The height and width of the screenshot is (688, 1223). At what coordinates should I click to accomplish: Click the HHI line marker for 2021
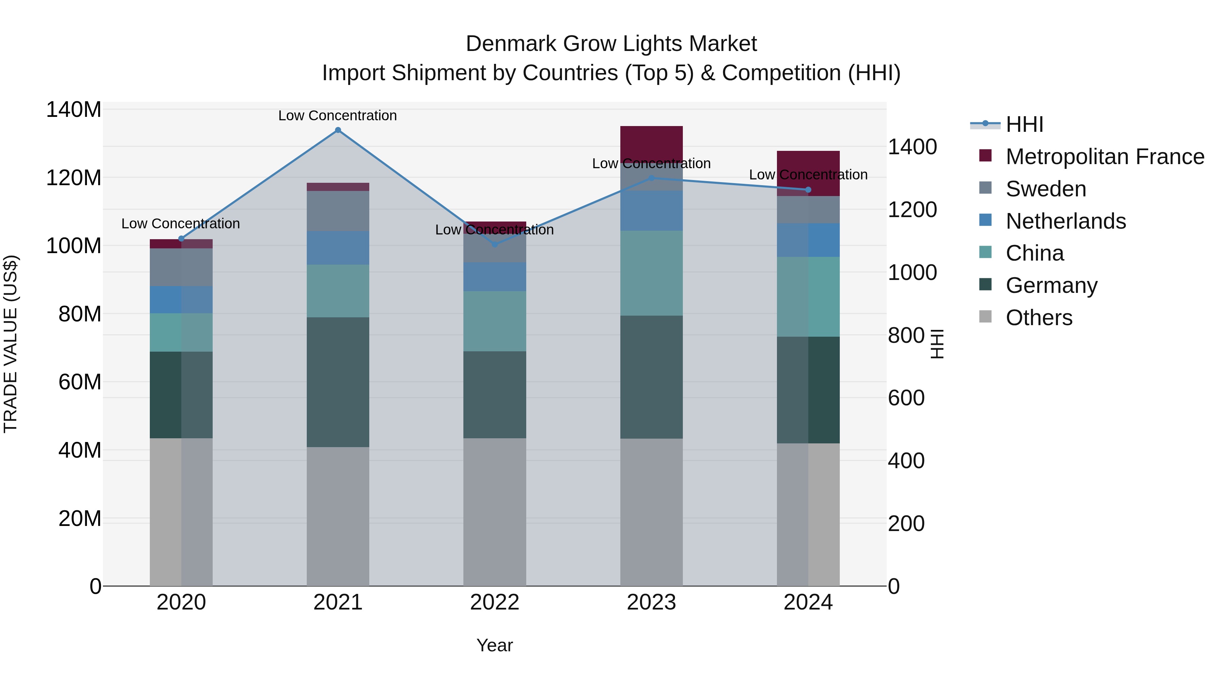[x=338, y=130]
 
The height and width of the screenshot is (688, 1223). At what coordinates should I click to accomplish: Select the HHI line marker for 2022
[x=495, y=245]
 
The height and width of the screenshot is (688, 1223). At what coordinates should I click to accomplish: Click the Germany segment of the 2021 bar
[x=338, y=382]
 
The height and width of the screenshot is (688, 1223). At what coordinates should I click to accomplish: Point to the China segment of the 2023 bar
[x=651, y=273]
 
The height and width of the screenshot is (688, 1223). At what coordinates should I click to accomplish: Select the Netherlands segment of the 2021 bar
[x=338, y=248]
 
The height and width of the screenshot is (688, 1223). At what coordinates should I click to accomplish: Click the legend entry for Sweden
[x=1045, y=189]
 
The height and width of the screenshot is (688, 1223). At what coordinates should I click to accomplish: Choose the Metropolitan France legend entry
[x=1104, y=157]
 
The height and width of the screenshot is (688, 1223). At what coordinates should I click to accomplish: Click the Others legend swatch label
[x=1039, y=318]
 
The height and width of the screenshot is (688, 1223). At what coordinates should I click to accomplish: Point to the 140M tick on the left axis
[x=74, y=110]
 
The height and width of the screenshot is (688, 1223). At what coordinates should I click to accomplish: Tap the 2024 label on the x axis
[x=808, y=602]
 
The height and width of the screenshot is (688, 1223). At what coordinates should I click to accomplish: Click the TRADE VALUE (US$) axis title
[x=11, y=344]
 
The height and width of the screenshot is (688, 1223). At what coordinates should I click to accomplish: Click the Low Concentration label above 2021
[x=338, y=116]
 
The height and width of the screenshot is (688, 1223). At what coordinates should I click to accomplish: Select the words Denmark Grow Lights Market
[x=611, y=44]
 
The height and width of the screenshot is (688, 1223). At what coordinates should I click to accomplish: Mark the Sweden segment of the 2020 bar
[x=181, y=267]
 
